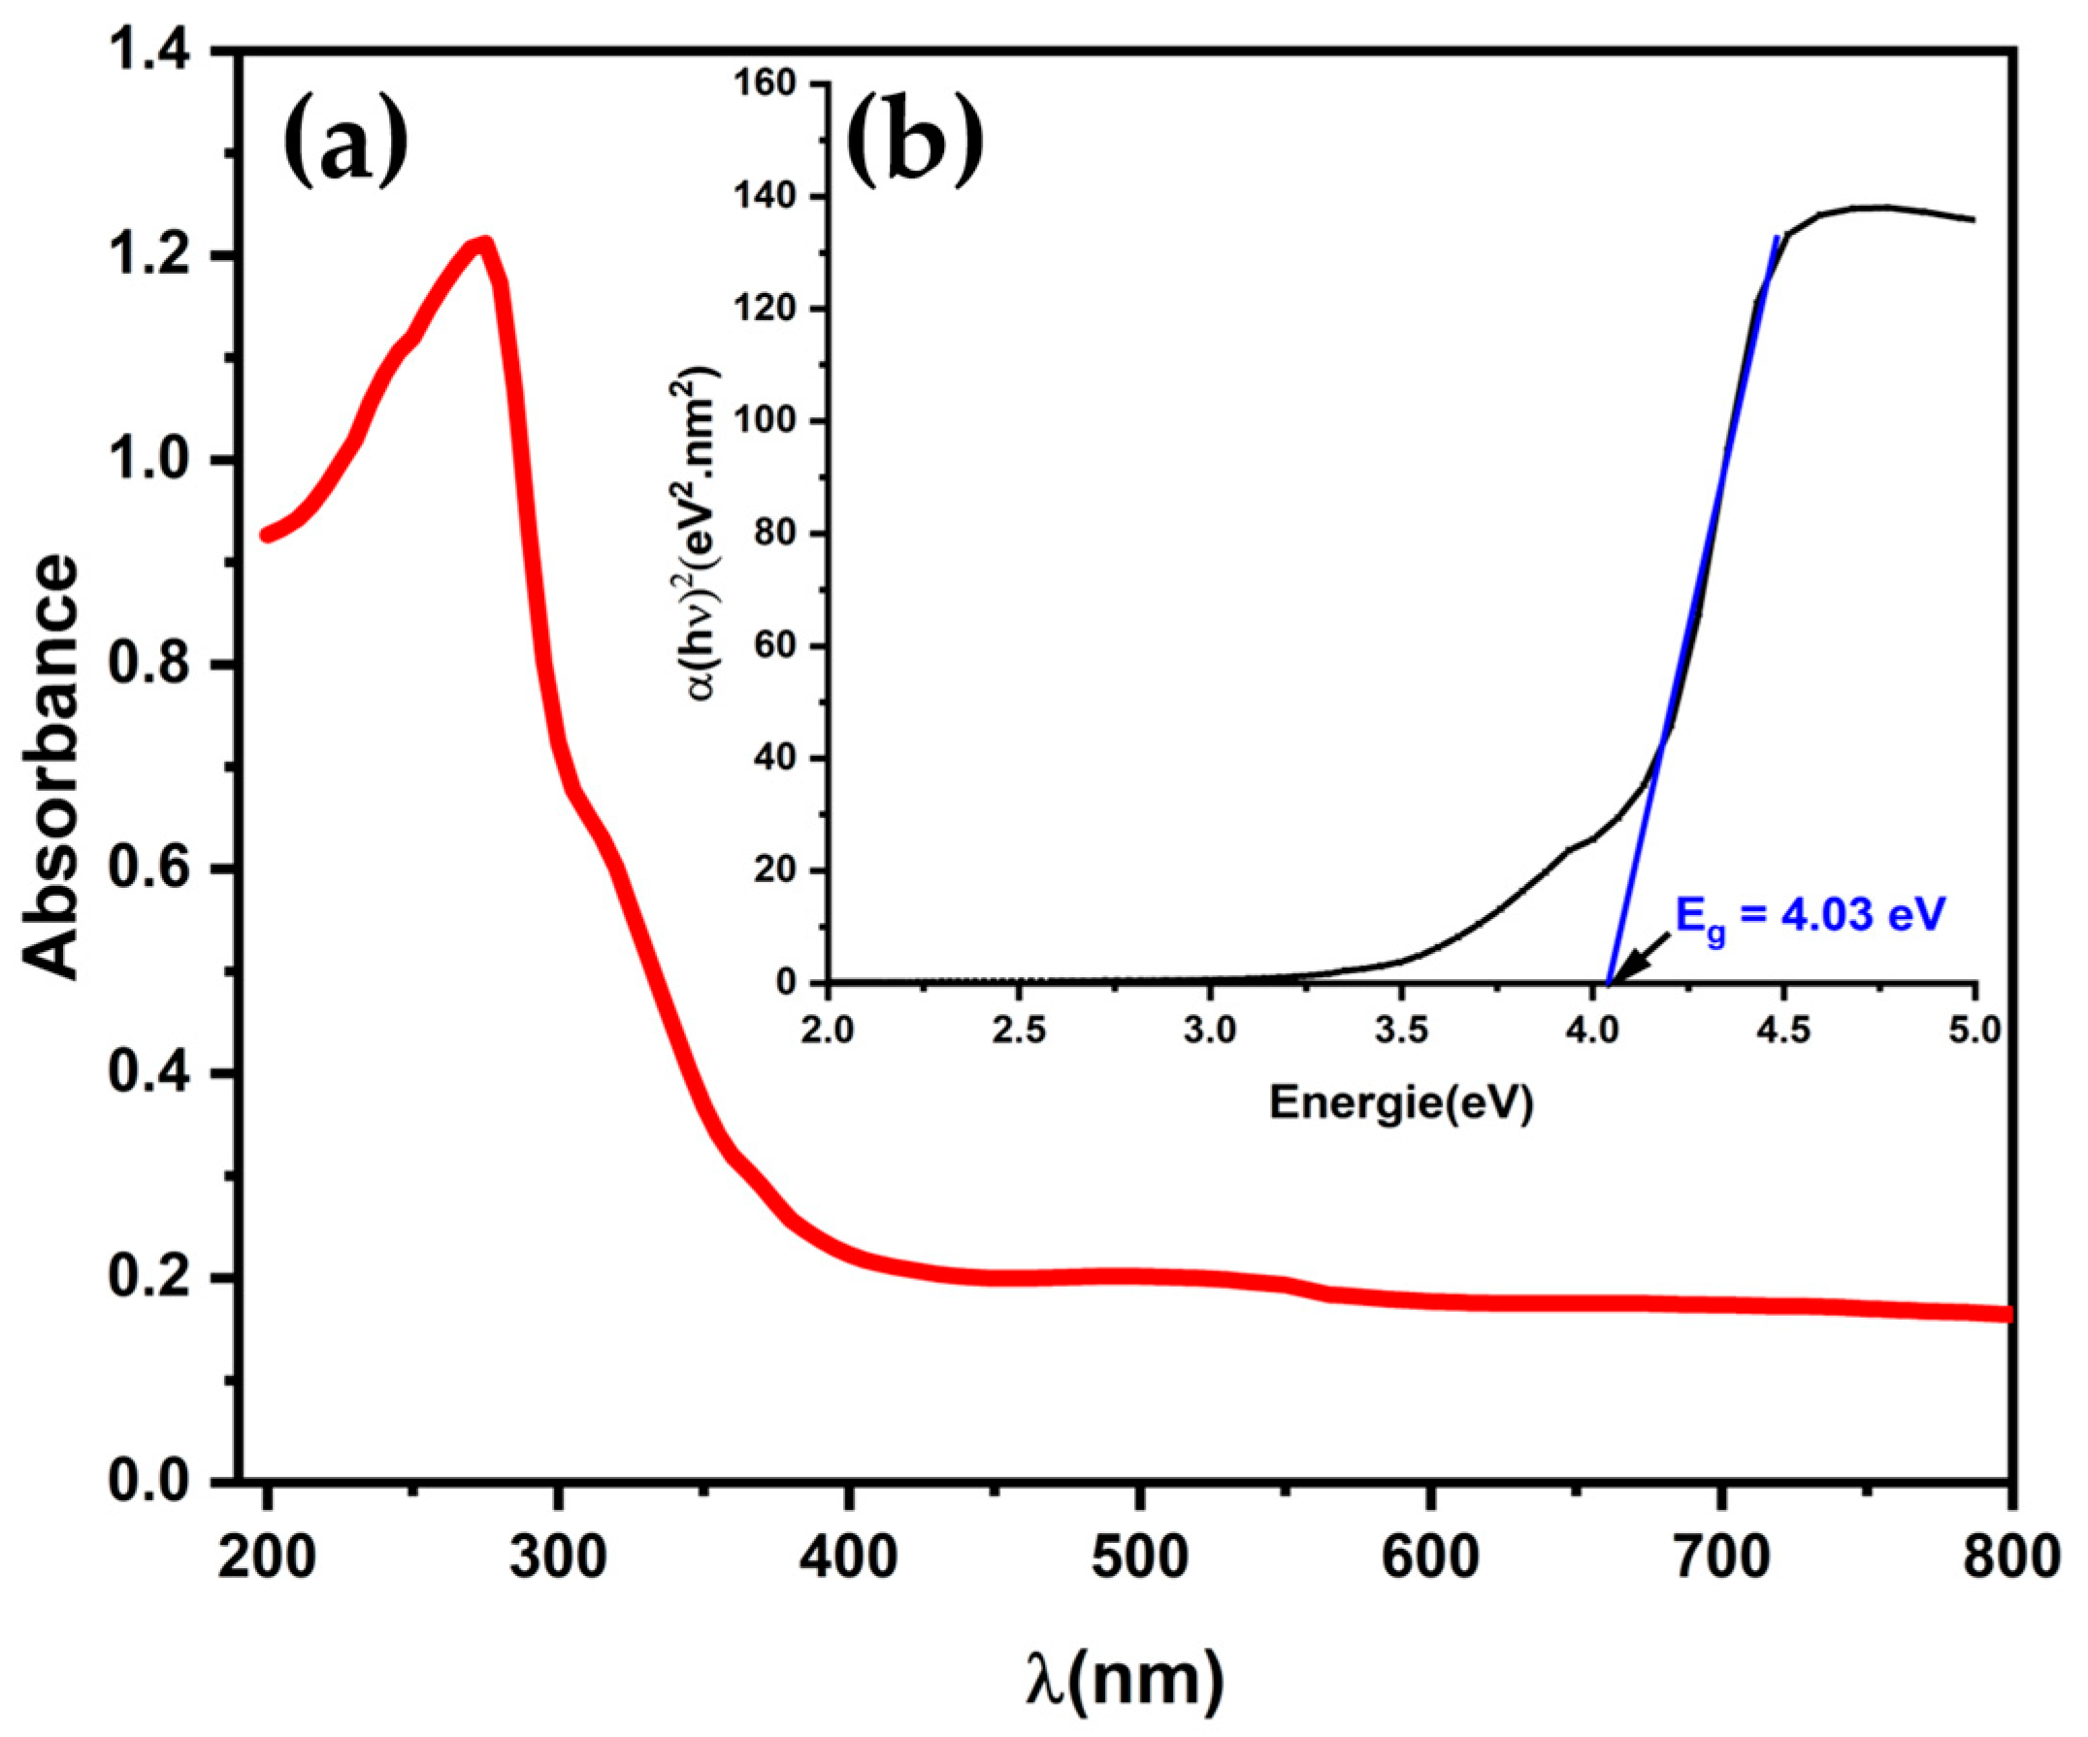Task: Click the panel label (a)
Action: click(346, 143)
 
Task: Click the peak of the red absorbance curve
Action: click(483, 243)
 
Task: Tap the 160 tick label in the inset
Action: click(767, 85)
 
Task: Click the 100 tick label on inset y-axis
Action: click(767, 422)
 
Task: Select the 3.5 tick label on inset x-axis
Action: click(1401, 1030)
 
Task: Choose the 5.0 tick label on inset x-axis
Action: click(1974, 1030)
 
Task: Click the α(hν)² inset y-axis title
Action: click(704, 533)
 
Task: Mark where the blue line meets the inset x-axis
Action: click(1608, 982)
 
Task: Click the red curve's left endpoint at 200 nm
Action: click(267, 536)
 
